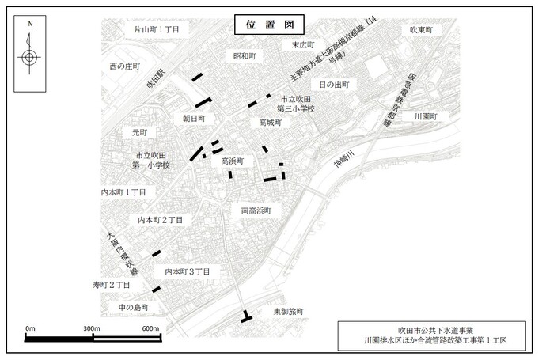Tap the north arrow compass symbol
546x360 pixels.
[29, 56]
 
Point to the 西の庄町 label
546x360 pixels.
[130, 66]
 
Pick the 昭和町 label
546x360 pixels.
[245, 57]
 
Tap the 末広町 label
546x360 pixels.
[303, 45]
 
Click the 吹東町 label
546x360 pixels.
[423, 30]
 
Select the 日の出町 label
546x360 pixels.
[333, 84]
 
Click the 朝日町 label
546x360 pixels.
[194, 117]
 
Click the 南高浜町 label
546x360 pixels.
[256, 211]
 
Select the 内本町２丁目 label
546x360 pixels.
[161, 219]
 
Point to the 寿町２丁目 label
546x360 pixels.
[111, 284]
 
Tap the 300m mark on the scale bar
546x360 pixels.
[90, 328]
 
